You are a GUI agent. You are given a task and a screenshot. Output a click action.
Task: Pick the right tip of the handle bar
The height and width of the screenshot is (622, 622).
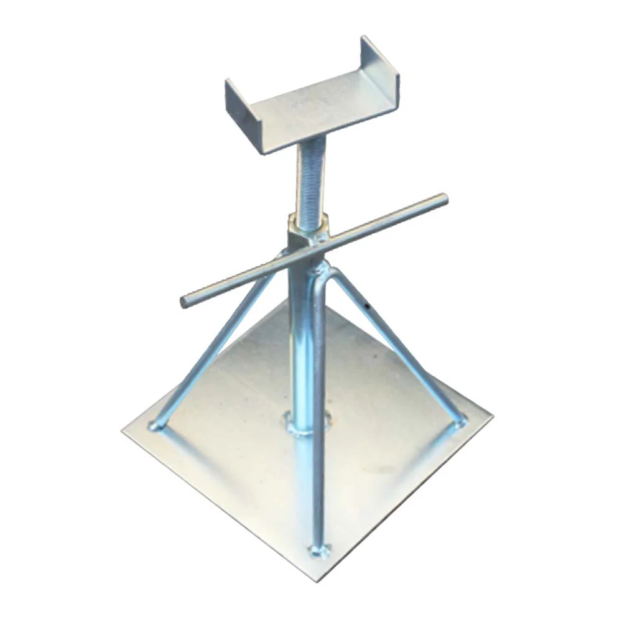443,199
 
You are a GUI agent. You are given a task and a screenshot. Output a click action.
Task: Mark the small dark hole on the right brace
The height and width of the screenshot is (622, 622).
368,306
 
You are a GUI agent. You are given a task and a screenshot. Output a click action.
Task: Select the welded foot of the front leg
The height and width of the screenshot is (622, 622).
318,549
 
